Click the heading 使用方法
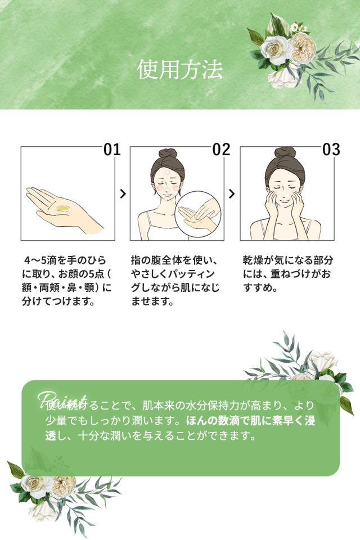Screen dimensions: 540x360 click(180, 70)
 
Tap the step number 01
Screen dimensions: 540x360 click(112, 149)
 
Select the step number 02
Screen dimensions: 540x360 click(222, 149)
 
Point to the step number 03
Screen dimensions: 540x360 click(331, 149)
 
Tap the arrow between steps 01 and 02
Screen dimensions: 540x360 click(123, 193)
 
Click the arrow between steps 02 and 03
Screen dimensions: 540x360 click(232, 193)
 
